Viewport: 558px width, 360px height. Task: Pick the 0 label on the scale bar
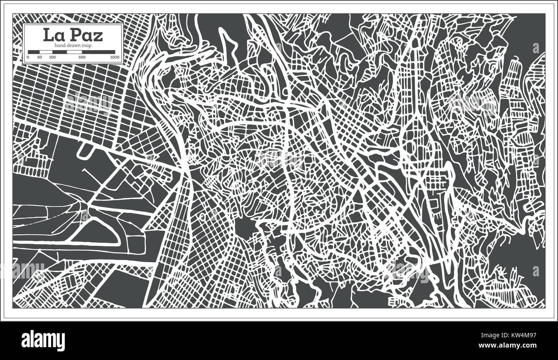tap(28, 57)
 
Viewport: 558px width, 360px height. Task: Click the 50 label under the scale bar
tap(39, 57)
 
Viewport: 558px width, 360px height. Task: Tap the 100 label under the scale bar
tap(52, 57)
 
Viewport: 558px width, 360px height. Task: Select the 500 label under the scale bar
tap(82, 57)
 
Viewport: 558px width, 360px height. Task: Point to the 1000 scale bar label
tap(114, 57)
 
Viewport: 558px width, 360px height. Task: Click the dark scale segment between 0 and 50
tap(34, 52)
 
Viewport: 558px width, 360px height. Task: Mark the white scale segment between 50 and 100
tap(46, 52)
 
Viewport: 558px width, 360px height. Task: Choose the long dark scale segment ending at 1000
tap(98, 52)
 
